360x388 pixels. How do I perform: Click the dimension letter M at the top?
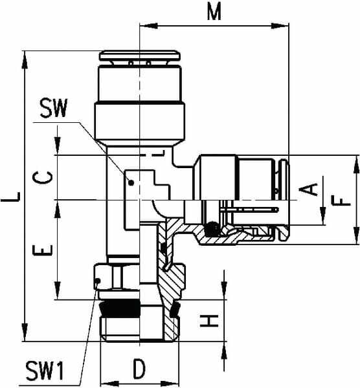[x=214, y=12]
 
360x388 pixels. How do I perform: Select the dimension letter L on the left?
[x=10, y=197]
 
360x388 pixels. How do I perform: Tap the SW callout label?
[x=54, y=108]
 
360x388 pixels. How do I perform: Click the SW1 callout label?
[x=45, y=371]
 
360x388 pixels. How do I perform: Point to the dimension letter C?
[x=43, y=178]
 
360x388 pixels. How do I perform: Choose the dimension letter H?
[x=209, y=321]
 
